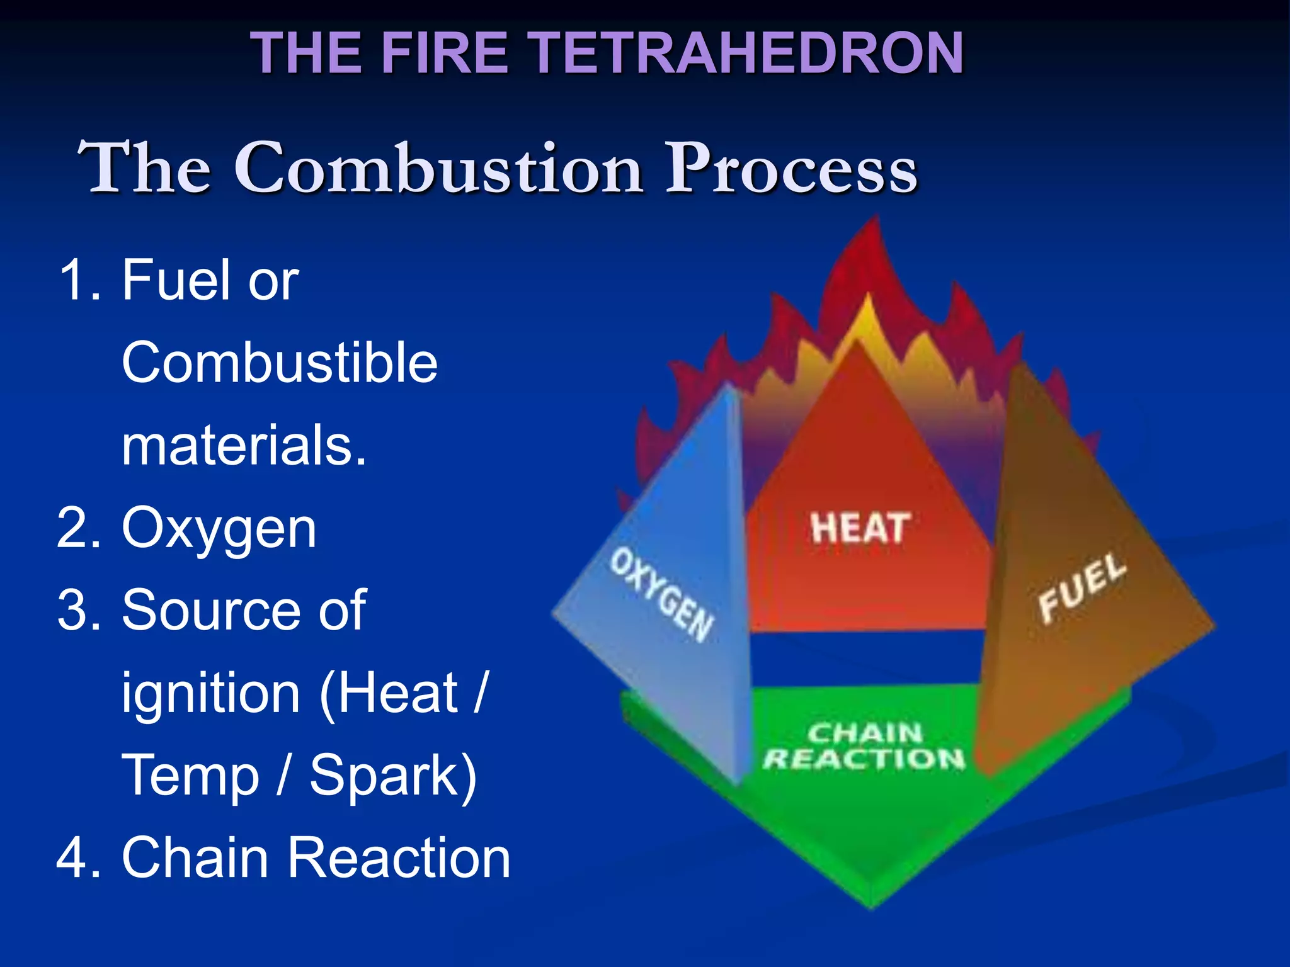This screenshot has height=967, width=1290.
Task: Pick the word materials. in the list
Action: [x=244, y=445]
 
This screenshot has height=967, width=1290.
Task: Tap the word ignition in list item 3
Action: [x=210, y=694]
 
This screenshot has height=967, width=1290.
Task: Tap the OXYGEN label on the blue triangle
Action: [x=661, y=594]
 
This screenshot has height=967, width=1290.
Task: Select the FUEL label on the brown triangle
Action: [x=1082, y=587]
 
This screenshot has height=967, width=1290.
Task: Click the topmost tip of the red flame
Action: [x=876, y=217]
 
